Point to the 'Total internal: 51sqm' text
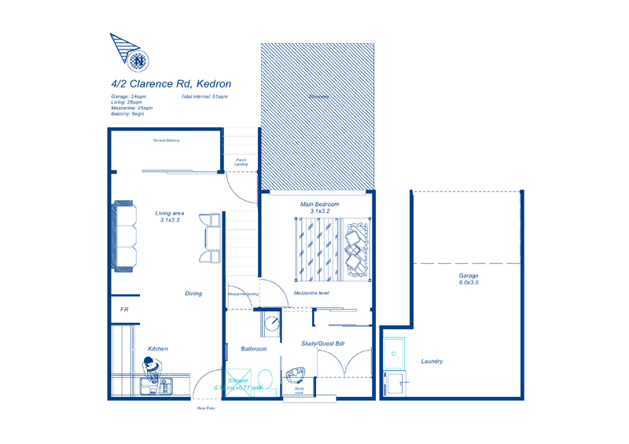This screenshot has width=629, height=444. click(x=204, y=97)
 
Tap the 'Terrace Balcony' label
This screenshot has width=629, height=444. click(x=166, y=141)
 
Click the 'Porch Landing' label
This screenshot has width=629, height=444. click(x=241, y=162)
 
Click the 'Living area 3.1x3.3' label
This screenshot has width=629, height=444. click(x=170, y=216)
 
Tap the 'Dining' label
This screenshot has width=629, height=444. click(x=193, y=294)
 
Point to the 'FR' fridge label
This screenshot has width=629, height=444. click(x=124, y=310)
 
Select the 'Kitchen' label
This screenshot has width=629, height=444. click(x=158, y=349)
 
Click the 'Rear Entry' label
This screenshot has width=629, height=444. click(x=206, y=408)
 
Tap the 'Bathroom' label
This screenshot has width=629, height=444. click(x=254, y=349)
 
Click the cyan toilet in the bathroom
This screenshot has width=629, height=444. click(x=266, y=380)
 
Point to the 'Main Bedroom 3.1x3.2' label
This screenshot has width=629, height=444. click(x=319, y=207)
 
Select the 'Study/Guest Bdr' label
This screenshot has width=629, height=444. click(x=323, y=343)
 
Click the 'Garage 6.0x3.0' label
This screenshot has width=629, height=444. click(x=469, y=279)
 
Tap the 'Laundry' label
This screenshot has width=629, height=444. click(x=432, y=361)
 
